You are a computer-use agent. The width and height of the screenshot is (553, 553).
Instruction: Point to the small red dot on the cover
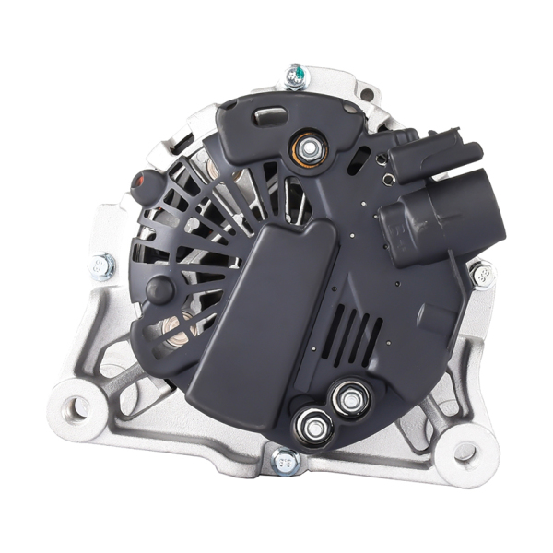point(141,180)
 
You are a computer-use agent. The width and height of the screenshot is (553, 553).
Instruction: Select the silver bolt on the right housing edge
point(480,274)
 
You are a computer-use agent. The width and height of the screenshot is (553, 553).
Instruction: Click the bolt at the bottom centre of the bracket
point(287,460)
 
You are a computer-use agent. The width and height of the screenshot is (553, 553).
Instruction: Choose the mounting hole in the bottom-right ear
point(466,451)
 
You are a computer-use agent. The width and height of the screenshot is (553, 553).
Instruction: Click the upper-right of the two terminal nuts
point(351,397)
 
